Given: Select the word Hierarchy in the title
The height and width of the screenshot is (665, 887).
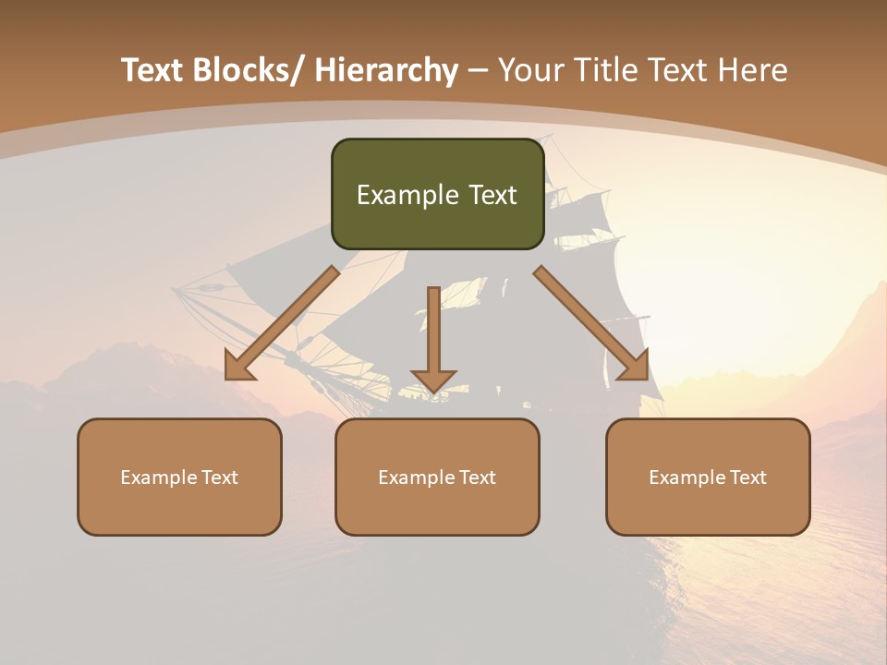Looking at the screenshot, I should click(x=386, y=70).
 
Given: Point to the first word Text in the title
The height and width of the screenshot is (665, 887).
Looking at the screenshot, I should click(x=153, y=70).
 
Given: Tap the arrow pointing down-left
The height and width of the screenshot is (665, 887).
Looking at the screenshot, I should click(x=282, y=323).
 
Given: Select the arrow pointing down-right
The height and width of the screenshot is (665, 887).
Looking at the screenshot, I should click(x=591, y=323).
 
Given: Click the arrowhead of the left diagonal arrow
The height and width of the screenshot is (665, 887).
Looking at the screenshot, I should click(x=238, y=367).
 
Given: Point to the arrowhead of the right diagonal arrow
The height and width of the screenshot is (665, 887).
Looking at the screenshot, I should click(x=635, y=367).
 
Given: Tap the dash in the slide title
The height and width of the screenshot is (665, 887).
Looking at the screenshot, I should click(x=478, y=71).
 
